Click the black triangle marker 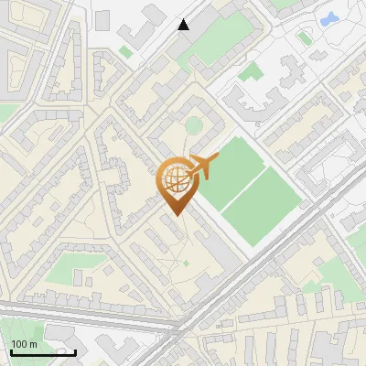click(184, 25)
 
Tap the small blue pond click(327, 17)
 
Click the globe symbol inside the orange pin click(176, 182)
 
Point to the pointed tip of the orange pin click(176, 215)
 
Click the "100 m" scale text click(24, 344)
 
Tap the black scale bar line click(42, 352)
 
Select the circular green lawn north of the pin click(194, 125)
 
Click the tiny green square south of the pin click(186, 264)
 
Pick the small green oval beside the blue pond click(305, 38)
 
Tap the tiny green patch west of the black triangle click(126, 52)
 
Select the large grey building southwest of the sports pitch click(220, 247)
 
